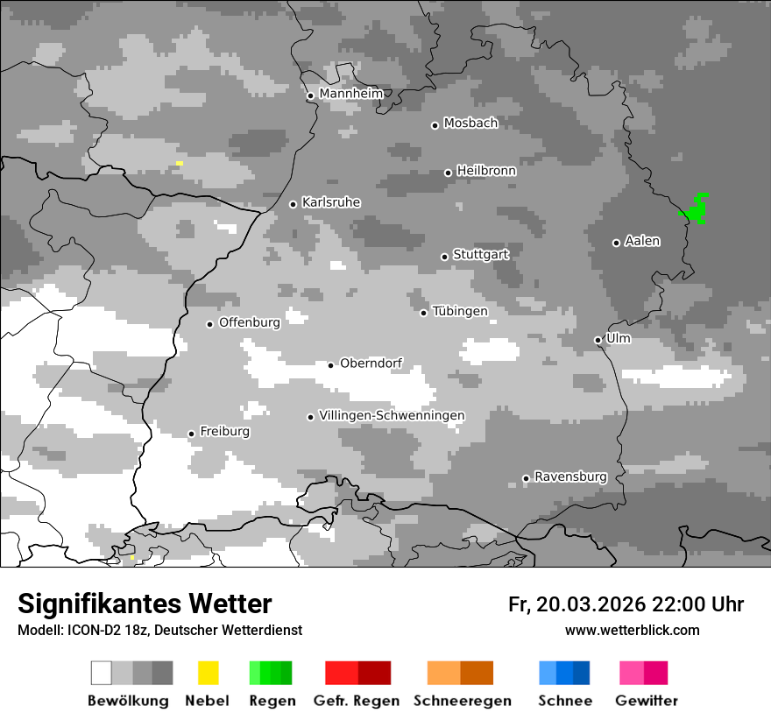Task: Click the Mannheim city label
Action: (x=351, y=94)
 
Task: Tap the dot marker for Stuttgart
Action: (x=444, y=257)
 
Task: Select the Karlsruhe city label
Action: (x=331, y=202)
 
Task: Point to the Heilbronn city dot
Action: (x=448, y=173)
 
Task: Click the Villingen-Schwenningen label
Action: (x=392, y=415)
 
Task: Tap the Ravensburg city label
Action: (x=570, y=476)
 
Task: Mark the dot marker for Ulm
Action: (x=598, y=340)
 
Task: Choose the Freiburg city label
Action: (x=224, y=432)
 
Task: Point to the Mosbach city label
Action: (x=470, y=124)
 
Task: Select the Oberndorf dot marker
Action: (x=330, y=364)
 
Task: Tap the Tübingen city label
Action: (x=460, y=311)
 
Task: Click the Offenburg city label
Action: (x=250, y=322)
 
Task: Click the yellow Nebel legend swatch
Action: (x=208, y=673)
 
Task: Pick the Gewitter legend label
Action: (x=647, y=701)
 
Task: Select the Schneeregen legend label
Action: (x=463, y=701)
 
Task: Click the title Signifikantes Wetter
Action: (x=145, y=603)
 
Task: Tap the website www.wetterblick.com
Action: (x=632, y=630)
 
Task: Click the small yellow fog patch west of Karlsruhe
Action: (x=180, y=163)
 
